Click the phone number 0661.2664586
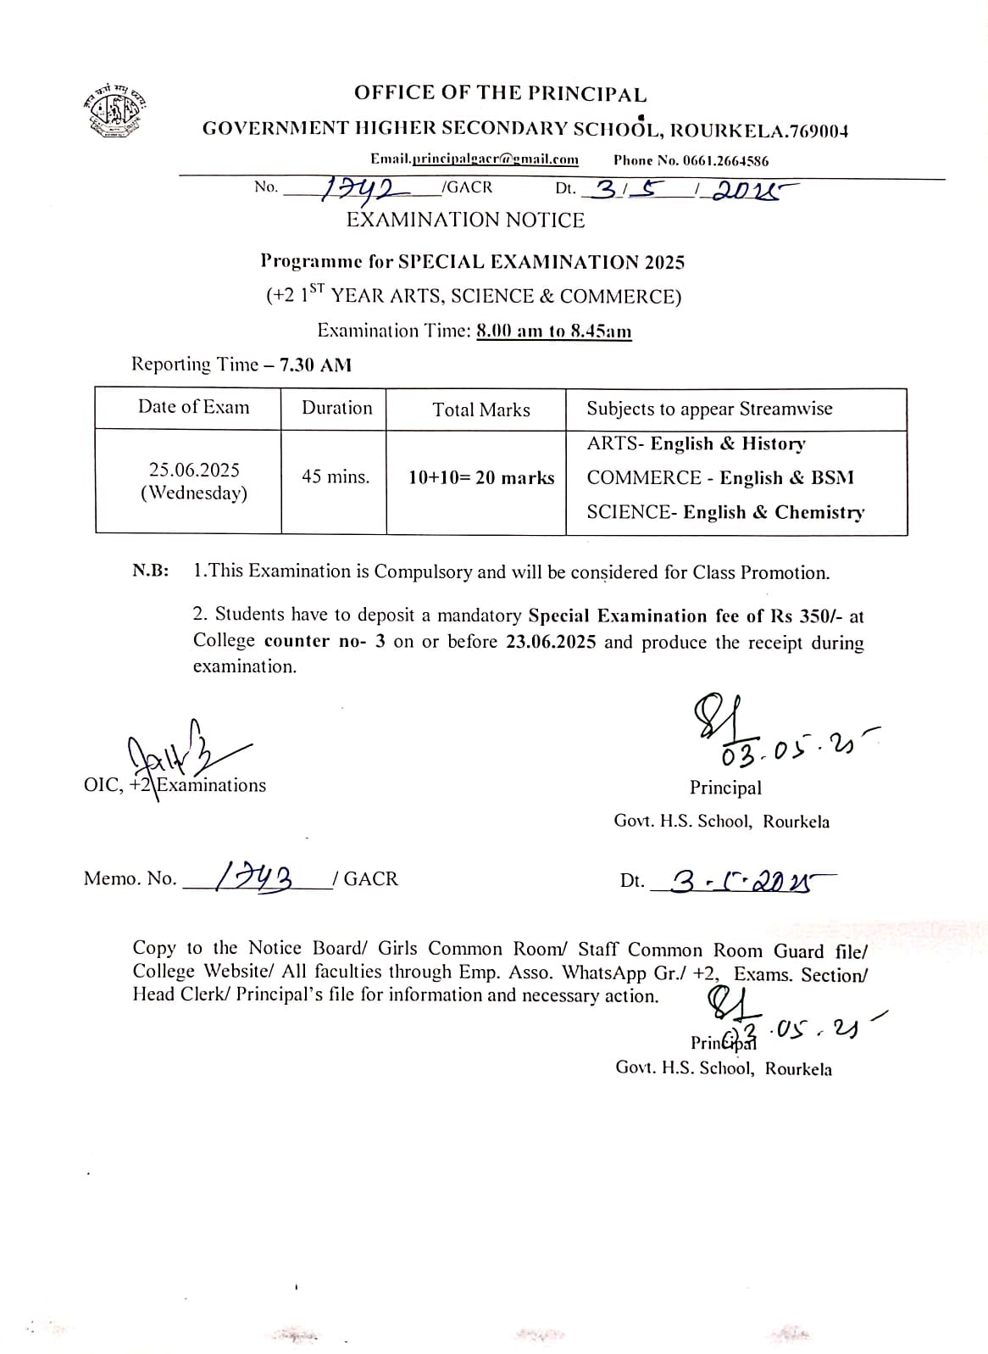[x=725, y=160]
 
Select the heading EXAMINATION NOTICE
[x=465, y=220]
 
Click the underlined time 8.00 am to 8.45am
[x=554, y=331]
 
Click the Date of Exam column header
[x=194, y=407]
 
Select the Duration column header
[x=336, y=408]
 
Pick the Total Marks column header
[x=480, y=410]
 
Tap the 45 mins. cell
[x=336, y=476]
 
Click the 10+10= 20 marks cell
[x=480, y=477]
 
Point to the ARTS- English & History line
[x=696, y=443]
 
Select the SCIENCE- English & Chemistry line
[x=725, y=512]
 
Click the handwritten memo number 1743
[x=253, y=876]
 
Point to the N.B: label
[x=151, y=571]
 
